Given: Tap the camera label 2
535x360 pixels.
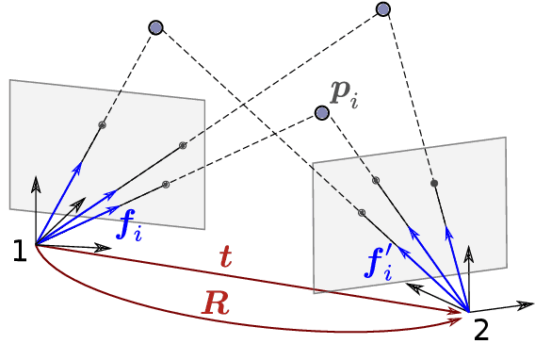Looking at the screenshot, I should click(481, 330).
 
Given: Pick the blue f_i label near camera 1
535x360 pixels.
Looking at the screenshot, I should click(128, 224).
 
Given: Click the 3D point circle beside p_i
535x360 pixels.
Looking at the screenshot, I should click(322, 113).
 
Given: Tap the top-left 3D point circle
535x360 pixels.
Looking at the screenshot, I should click(156, 27).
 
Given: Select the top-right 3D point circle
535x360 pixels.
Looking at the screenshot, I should click(382, 9).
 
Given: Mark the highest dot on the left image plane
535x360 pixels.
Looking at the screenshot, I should click(103, 124).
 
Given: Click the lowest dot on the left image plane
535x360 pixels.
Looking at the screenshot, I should click(165, 184).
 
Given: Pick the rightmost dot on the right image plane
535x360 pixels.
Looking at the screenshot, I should click(434, 183).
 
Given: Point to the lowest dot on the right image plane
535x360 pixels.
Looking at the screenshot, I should click(362, 212).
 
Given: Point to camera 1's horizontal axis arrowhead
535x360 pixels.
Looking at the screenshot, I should click(105, 249).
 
